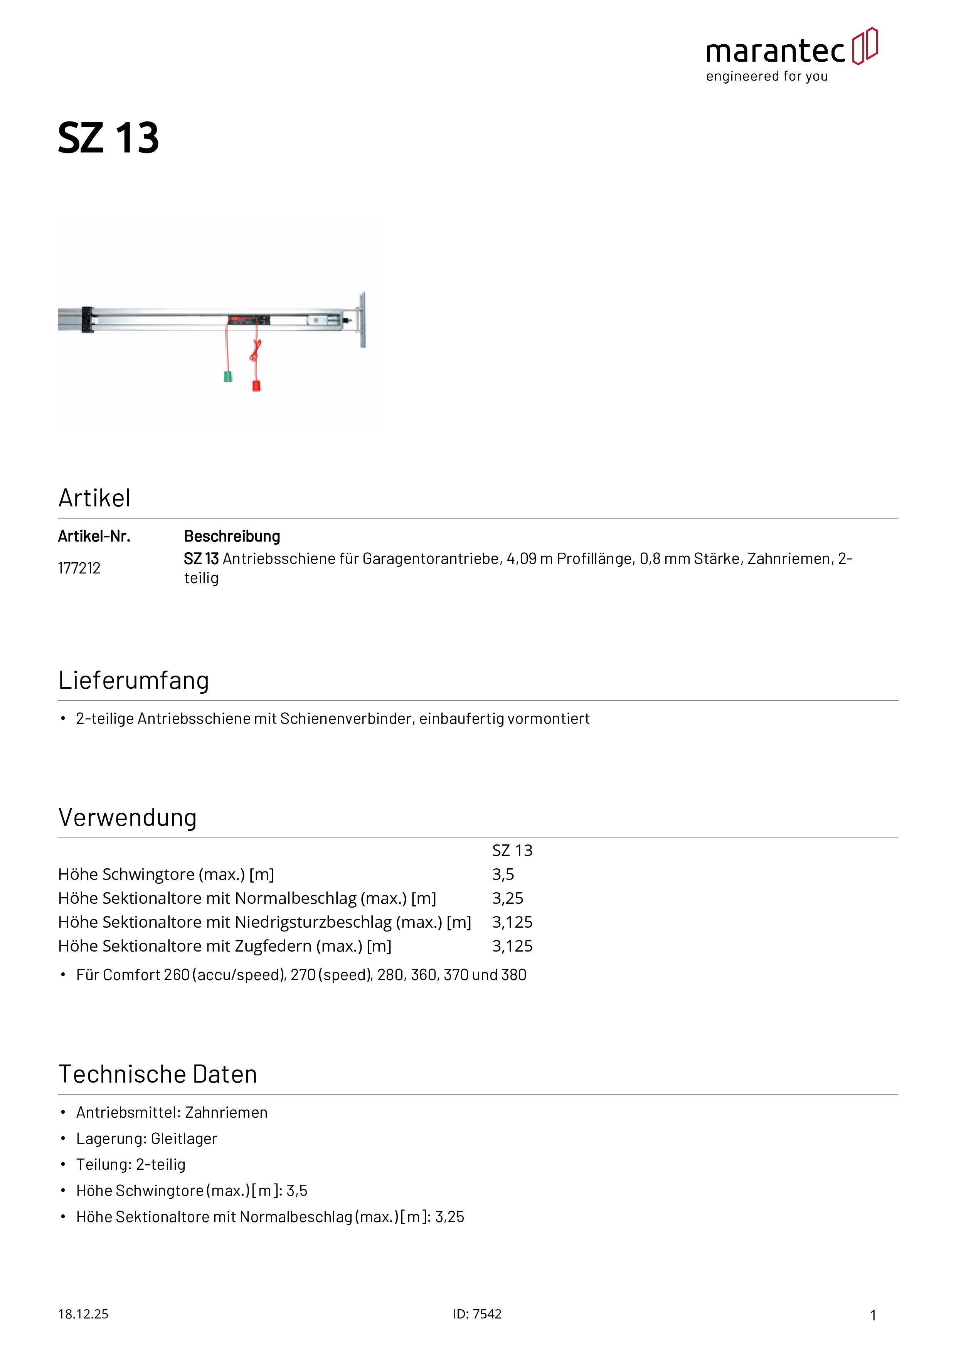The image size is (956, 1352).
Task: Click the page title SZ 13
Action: coord(108,138)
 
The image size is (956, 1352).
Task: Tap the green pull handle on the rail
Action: coord(228,376)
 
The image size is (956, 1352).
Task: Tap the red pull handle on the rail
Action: coord(256,386)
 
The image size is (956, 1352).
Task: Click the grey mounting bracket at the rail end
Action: coord(362,320)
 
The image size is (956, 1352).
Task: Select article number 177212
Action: coord(79,568)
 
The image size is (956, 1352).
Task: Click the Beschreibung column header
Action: coord(232,536)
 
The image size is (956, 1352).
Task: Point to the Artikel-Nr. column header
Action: coord(94,536)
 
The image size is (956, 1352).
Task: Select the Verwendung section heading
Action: coord(127,818)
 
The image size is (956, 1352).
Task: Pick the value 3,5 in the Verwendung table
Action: coord(503,874)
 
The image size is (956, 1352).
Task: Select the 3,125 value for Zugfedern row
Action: coord(512,946)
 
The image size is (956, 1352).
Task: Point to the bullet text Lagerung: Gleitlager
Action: coord(146,1139)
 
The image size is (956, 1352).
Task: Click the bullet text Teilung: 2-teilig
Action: coord(131,1165)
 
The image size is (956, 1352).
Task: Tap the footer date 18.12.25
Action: coord(83,1314)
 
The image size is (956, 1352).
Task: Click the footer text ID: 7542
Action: coord(477,1314)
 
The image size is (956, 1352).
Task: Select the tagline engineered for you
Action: coord(767,77)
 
